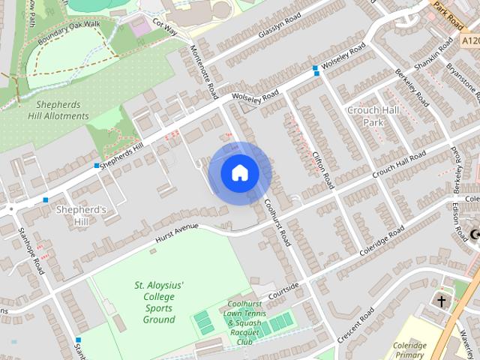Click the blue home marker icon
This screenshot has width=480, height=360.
[239, 173]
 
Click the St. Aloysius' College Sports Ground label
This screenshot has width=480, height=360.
[159, 302]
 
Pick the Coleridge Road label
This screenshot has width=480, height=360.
[381, 241]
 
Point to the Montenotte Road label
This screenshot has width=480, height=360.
[203, 70]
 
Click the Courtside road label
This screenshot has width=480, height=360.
[283, 289]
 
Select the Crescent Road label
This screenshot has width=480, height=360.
[355, 324]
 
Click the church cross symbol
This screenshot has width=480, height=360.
[442, 301]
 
